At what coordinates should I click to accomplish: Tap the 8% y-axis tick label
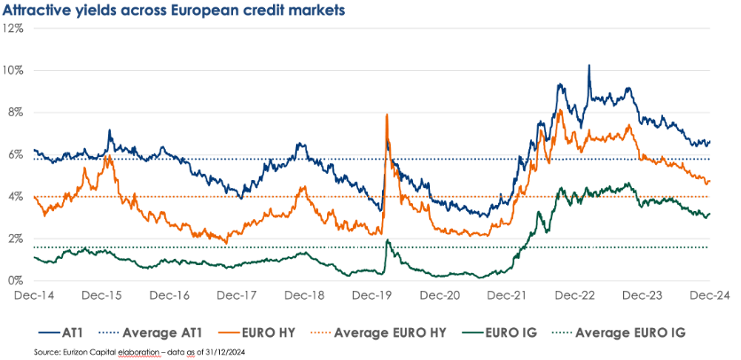[x=15, y=113]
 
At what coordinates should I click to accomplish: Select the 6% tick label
[x=15, y=154]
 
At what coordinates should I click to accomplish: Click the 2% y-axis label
[x=15, y=239]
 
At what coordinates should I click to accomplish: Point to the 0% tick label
[x=15, y=281]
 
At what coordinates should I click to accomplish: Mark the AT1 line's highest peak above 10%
[x=589, y=65]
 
